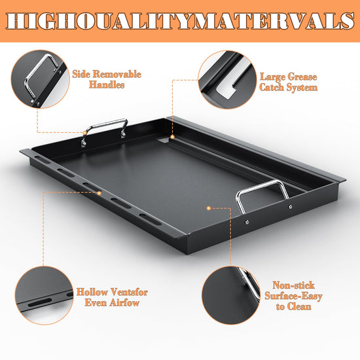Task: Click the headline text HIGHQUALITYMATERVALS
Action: (180, 21)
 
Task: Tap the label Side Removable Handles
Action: (107, 79)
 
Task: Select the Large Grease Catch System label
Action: (289, 82)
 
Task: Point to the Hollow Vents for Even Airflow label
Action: (112, 297)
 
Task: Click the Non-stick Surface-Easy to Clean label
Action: (293, 296)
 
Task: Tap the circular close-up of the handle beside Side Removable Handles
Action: (40, 79)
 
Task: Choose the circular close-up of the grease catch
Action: (227, 80)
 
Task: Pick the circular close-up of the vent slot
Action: (44, 295)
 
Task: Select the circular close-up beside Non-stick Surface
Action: (231, 295)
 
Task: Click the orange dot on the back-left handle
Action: (84, 133)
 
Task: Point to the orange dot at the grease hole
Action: (172, 137)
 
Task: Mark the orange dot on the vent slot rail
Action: (99, 193)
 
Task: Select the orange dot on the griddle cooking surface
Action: (209, 208)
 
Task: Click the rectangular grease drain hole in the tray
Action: (164, 140)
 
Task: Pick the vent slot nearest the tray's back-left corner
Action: (43, 160)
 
